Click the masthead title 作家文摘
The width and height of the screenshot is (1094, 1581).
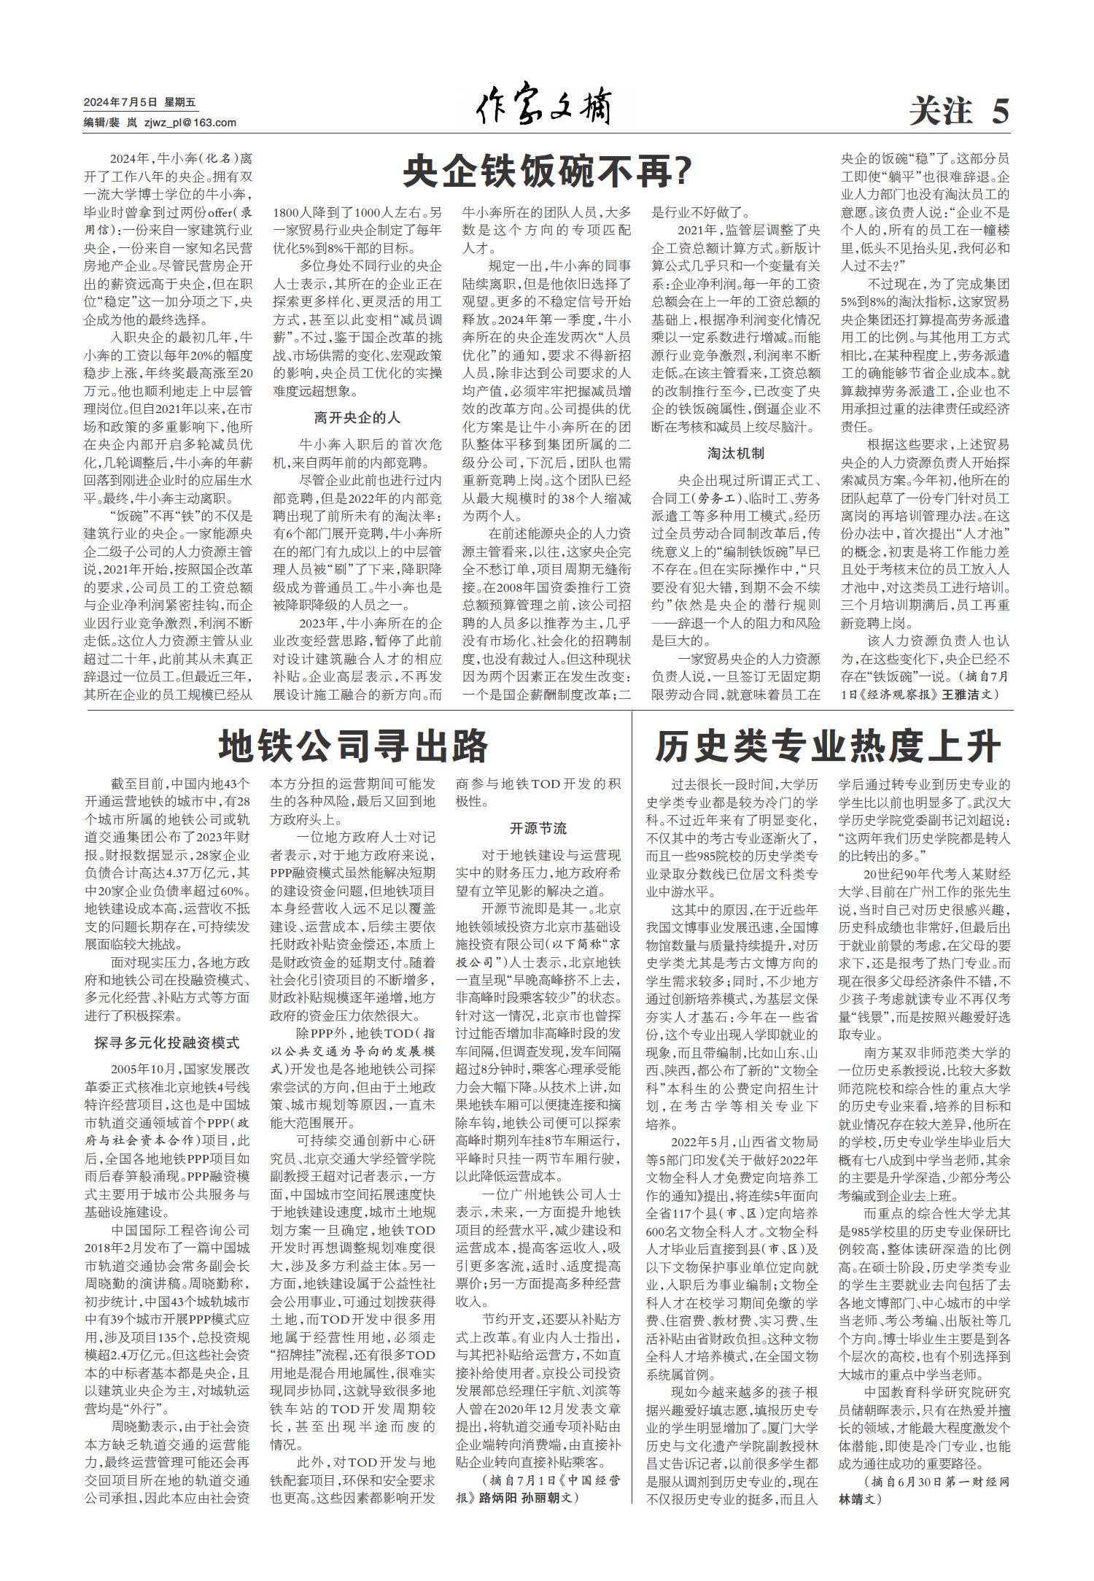click(543, 108)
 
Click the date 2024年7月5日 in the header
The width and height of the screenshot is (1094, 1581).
click(120, 103)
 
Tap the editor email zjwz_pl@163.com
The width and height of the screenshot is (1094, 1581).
click(190, 123)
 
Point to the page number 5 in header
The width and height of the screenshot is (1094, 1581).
click(1000, 112)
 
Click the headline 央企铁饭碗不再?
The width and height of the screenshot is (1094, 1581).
click(547, 173)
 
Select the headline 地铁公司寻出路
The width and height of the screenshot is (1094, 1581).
click(354, 746)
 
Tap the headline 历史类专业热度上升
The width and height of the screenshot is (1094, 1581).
click(828, 746)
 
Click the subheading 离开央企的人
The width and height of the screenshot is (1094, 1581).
click(357, 418)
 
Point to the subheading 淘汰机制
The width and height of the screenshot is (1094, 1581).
click(736, 453)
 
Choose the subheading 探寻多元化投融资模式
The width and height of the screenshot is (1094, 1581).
click(167, 1043)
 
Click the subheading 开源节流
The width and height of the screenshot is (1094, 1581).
click(538, 829)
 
